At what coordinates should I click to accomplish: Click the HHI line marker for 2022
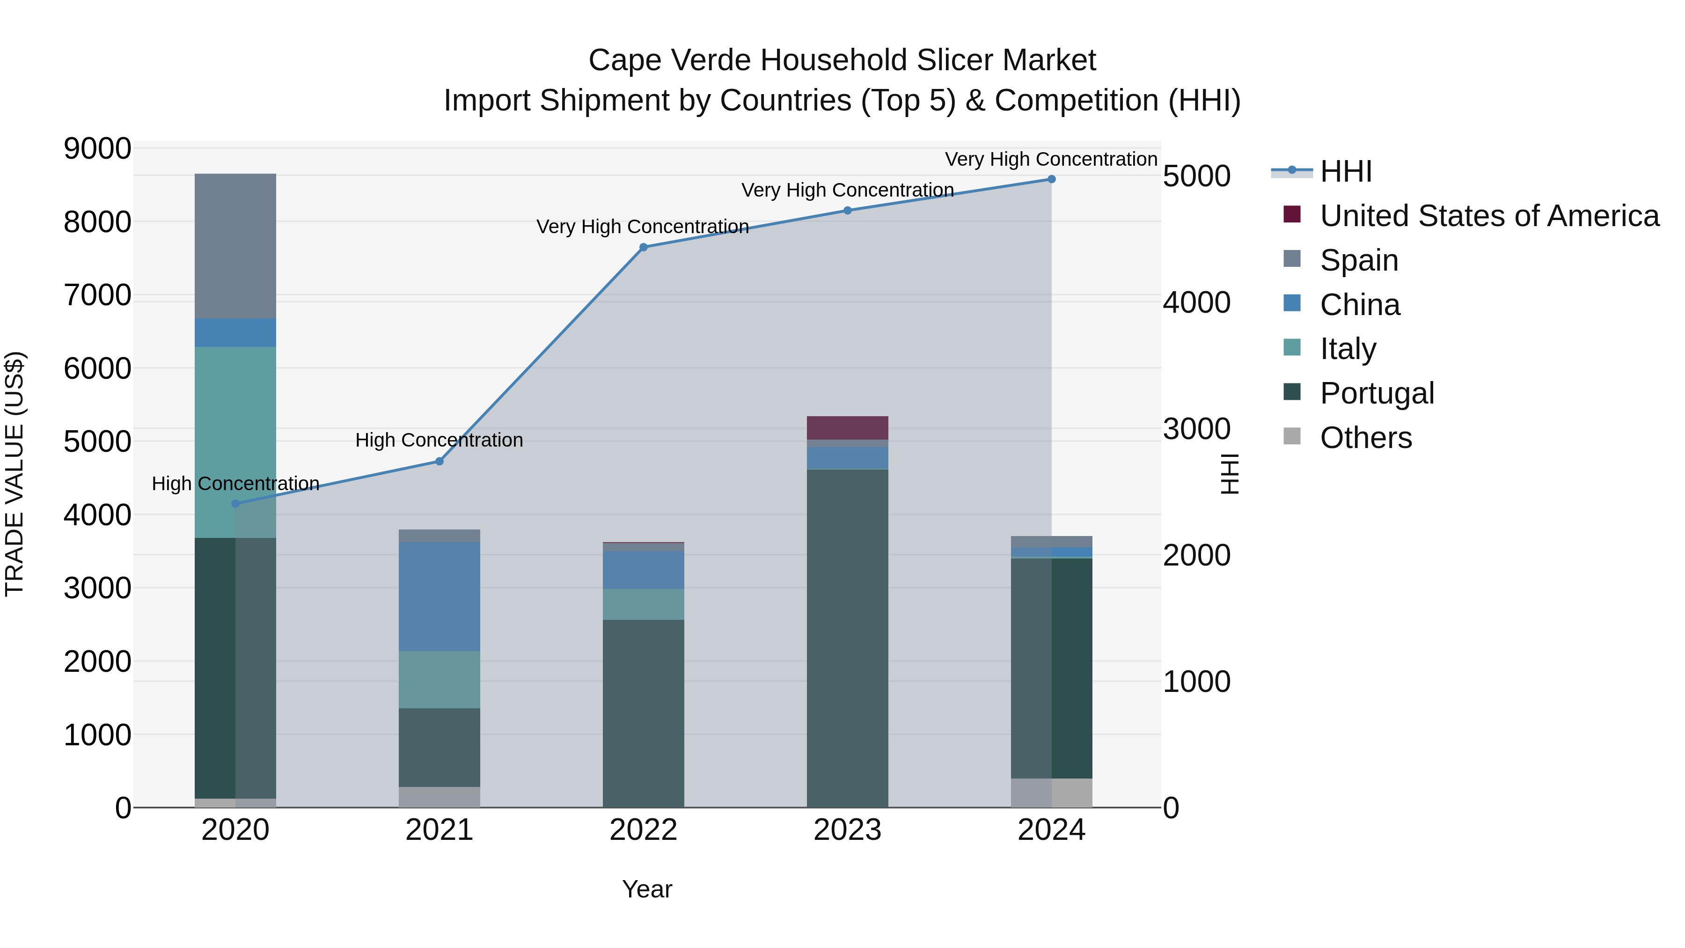643,247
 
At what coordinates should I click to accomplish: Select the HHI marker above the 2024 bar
1051,179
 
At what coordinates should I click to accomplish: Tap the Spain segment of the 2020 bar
235,246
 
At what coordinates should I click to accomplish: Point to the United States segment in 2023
847,428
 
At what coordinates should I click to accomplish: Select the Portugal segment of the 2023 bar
847,638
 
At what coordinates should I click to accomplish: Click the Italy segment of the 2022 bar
643,604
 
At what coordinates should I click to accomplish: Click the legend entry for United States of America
1489,216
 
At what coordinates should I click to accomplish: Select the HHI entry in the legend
1346,171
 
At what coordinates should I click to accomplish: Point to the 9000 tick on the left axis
97,148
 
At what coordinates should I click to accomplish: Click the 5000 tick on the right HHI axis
1196,176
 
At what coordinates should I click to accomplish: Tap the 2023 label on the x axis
847,830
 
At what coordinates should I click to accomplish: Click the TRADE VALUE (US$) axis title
15,474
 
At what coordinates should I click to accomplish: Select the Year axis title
647,889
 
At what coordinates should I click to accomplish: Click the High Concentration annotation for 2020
235,484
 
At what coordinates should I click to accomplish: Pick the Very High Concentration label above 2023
847,191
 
